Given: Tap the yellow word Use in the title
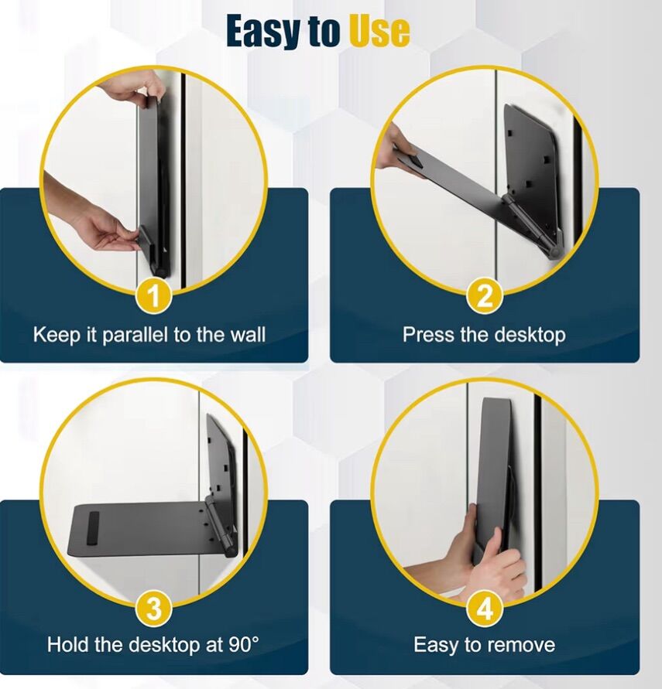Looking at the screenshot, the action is pyautogui.click(x=379, y=30).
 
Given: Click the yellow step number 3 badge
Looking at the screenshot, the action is pyautogui.click(x=153, y=609).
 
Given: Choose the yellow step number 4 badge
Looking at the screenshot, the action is pyautogui.click(x=485, y=609).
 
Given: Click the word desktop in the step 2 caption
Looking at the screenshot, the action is pyautogui.click(x=530, y=336).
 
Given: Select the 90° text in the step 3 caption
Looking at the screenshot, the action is pyautogui.click(x=244, y=644).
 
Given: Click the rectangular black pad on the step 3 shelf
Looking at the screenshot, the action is pyautogui.click(x=92, y=529).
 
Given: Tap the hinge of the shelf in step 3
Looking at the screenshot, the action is pyautogui.click(x=220, y=525).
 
